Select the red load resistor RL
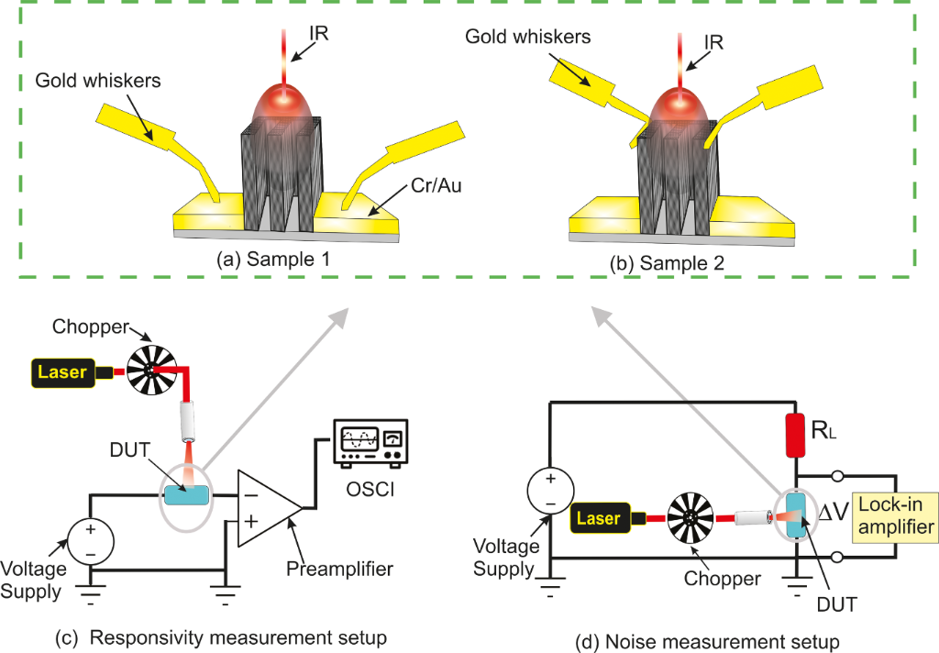pyautogui.click(x=795, y=435)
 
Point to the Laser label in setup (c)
pyautogui.click(x=63, y=372)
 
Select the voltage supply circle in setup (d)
pyautogui.click(x=549, y=491)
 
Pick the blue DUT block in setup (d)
pyautogui.click(x=795, y=519)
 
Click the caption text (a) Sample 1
pyautogui.click(x=273, y=260)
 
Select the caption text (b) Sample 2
pyautogui.click(x=666, y=262)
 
